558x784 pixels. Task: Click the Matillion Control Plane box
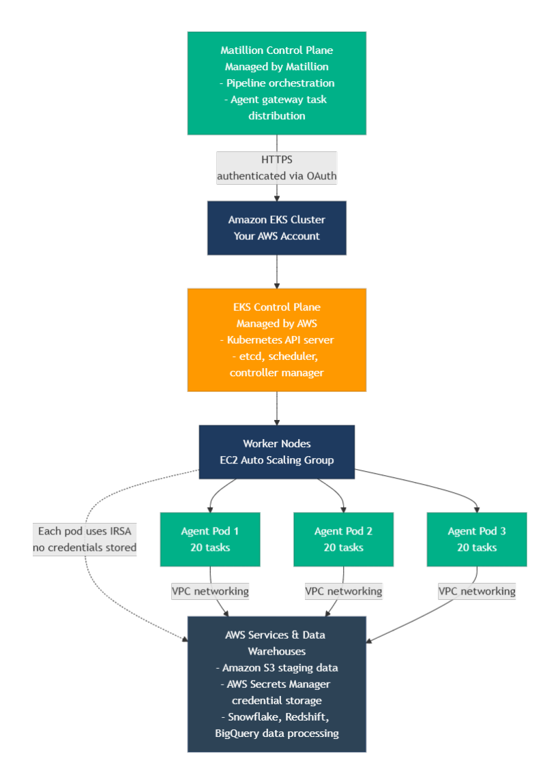point(276,82)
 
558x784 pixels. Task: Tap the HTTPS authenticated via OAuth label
point(276,168)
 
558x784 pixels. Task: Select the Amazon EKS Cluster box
point(276,228)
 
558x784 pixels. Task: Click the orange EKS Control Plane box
point(276,340)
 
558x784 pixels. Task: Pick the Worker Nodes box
point(276,451)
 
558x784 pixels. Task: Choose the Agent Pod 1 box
point(210,539)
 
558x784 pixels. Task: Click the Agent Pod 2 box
point(343,539)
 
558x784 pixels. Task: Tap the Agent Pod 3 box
point(477,539)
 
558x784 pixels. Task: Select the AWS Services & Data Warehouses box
point(276,684)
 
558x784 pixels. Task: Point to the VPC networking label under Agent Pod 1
point(210,591)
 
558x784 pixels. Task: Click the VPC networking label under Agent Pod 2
point(343,591)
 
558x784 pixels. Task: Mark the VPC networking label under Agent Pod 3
point(477,591)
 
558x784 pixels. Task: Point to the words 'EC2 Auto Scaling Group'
point(277,460)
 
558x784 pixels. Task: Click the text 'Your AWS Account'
point(277,236)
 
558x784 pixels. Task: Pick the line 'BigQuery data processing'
point(277,734)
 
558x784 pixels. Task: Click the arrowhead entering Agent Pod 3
point(477,509)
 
